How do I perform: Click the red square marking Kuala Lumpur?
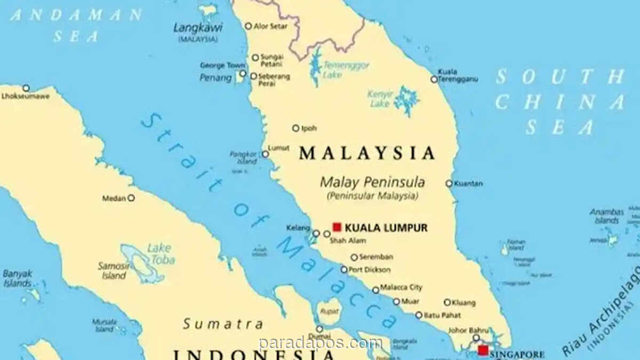point(337,227)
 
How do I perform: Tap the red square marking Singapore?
point(483,350)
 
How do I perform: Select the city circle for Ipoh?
point(295,128)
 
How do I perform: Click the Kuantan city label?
point(469,183)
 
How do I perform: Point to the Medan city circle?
point(131,198)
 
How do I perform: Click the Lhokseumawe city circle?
point(26,88)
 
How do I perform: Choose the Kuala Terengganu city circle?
point(434,79)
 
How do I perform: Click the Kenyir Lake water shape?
point(406,100)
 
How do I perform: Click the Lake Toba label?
point(161,254)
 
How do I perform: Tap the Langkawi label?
point(197,27)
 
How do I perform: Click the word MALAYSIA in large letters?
point(367,154)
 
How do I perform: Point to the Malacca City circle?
point(375,290)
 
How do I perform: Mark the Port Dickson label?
point(370,270)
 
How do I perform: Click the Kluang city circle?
point(447,302)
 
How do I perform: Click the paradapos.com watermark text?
point(320,344)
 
